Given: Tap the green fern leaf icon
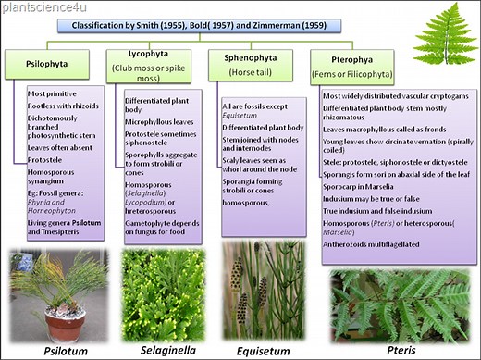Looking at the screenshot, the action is click(446, 31).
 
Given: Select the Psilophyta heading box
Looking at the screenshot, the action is click(47, 65).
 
